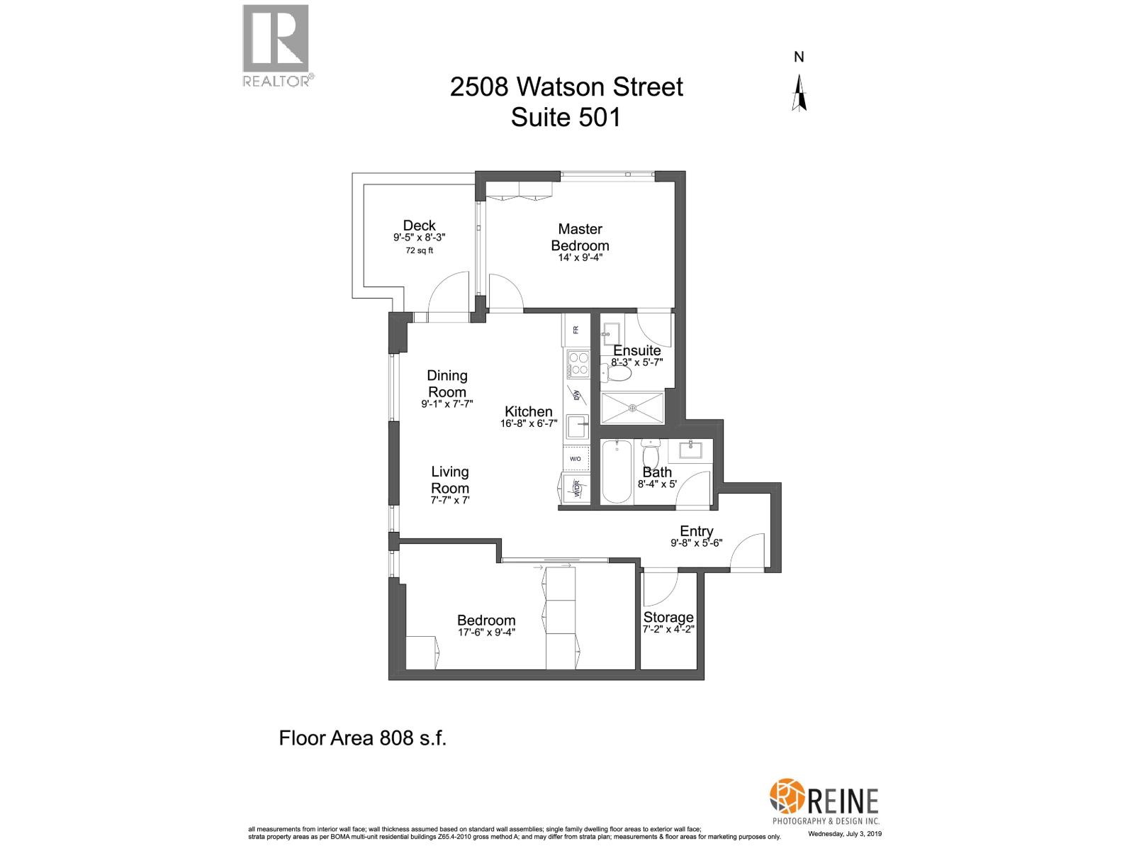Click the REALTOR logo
[276, 44]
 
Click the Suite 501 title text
[566, 117]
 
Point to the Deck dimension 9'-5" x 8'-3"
[419, 239]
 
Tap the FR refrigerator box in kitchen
[576, 330]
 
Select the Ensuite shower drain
[632, 408]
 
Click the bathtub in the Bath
[617, 471]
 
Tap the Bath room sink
[688, 449]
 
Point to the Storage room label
[668, 617]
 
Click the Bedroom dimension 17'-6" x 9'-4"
[486, 633]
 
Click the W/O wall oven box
[575, 459]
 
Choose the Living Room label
[450, 479]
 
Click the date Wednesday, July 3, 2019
[845, 834]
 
